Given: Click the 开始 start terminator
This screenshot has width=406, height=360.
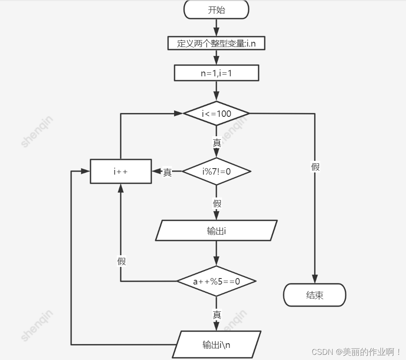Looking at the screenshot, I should [x=216, y=9].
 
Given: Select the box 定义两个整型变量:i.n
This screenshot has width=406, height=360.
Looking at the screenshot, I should [x=216, y=43].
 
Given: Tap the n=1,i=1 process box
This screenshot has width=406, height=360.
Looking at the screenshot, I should [x=216, y=73].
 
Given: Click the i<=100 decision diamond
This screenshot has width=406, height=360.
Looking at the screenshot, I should [x=216, y=113].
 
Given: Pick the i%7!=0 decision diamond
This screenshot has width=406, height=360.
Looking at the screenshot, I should [x=216, y=171].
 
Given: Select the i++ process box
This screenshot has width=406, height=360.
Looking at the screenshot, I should [x=121, y=171].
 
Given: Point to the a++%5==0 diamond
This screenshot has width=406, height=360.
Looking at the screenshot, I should [x=216, y=281].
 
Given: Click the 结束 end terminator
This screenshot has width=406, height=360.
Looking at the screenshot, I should [x=315, y=295].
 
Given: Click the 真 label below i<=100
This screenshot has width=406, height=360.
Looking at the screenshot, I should [x=217, y=143].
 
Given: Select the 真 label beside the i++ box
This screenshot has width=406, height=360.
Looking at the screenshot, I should [x=167, y=172].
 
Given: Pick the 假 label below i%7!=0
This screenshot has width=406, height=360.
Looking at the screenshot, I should [x=217, y=203].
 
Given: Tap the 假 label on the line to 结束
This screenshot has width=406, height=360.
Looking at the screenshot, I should [x=315, y=166].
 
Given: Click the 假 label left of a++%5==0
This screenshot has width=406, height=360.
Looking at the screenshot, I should [x=121, y=261].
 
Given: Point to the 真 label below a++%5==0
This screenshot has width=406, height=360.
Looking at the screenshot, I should [x=217, y=315].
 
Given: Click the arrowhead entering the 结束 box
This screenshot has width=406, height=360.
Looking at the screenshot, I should [x=315, y=280].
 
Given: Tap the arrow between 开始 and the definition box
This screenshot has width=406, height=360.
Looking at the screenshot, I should [x=216, y=28].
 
